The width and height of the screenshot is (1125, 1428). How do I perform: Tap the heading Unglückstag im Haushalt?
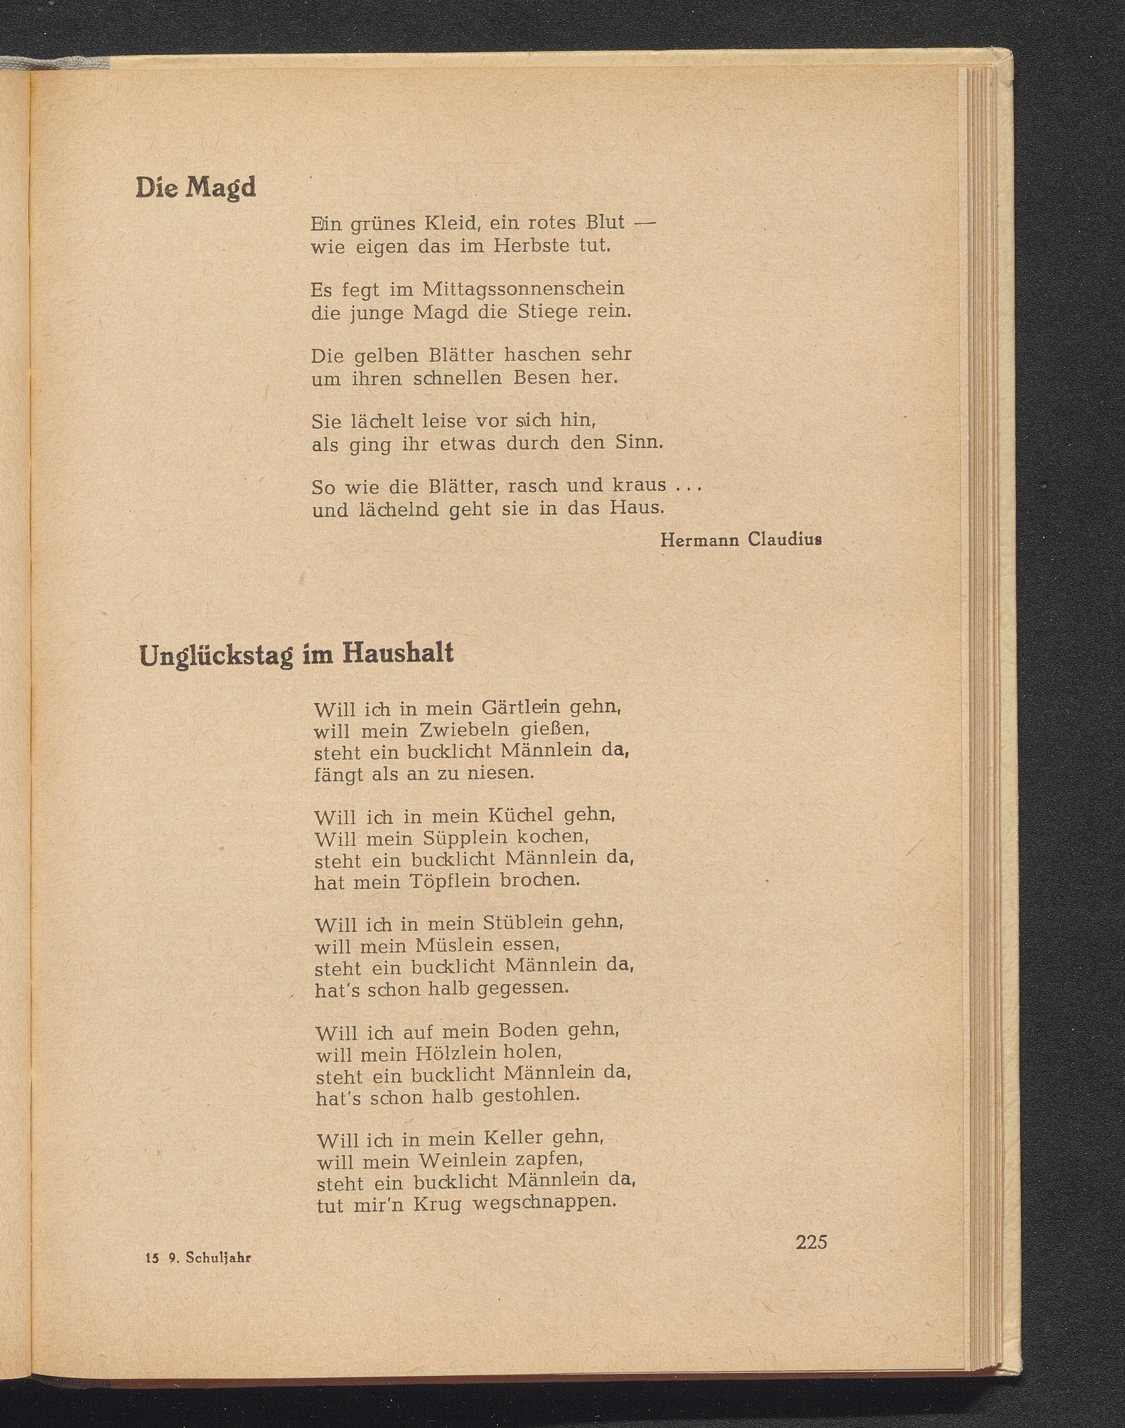tap(296, 655)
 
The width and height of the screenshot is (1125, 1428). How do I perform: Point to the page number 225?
tap(811, 1242)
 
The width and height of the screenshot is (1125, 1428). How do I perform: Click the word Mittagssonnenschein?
tap(523, 289)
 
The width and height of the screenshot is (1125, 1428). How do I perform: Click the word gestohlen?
tap(531, 1096)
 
